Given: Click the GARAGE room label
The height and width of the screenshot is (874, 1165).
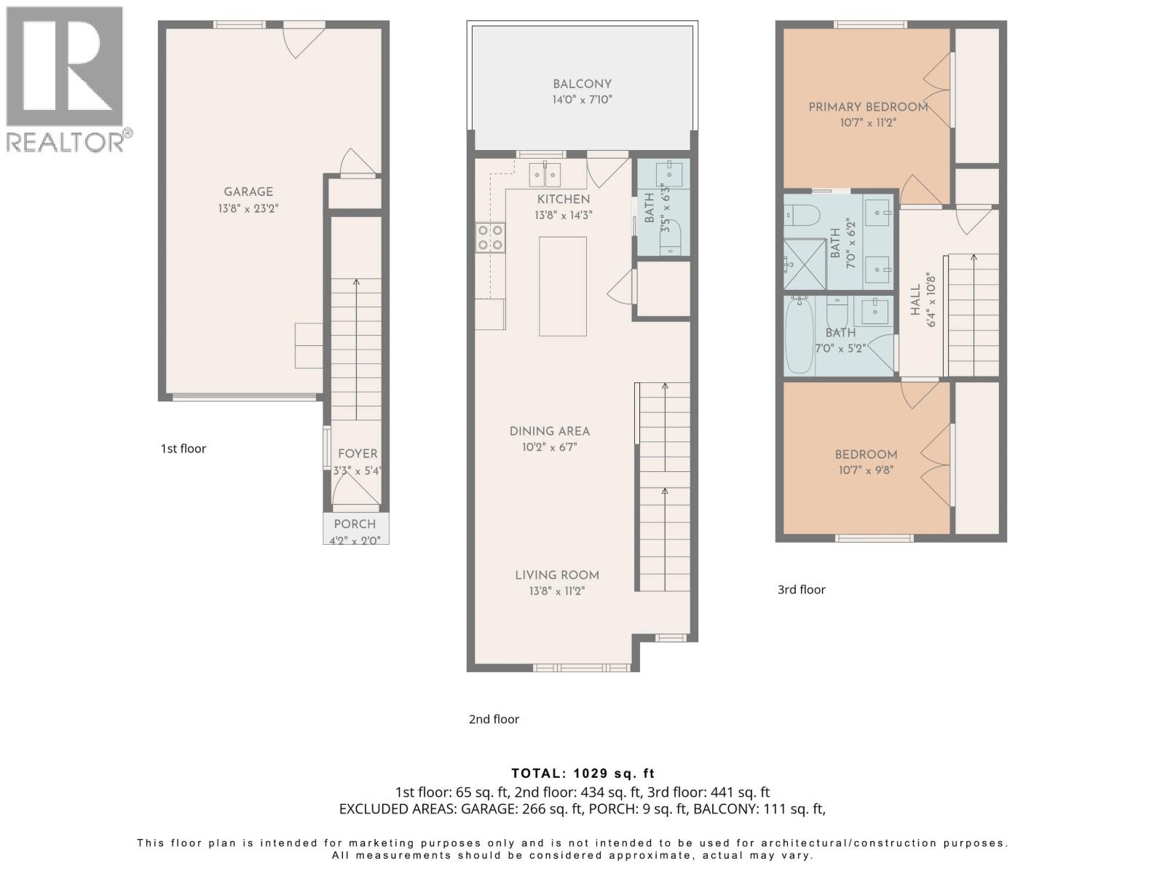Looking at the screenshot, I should [248, 192].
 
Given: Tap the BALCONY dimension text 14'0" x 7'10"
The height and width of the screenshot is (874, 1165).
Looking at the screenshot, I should [582, 100].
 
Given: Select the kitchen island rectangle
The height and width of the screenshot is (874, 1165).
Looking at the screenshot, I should [563, 286].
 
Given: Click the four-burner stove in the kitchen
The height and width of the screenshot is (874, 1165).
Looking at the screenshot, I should [491, 237].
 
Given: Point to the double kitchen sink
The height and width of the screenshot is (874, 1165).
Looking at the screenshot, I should [545, 175].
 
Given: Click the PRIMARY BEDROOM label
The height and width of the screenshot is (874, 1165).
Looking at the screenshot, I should [868, 107].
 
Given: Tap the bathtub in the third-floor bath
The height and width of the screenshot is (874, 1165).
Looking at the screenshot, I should [799, 335].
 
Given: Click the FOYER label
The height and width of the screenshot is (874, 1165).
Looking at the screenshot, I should [358, 453].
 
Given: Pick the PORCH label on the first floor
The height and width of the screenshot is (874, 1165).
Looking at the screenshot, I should [355, 524].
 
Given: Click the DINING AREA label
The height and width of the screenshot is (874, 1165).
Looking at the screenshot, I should [550, 431].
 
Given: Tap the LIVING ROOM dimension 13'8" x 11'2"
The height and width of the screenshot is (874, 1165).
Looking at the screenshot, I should [557, 591].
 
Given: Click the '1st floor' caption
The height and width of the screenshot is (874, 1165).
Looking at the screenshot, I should [183, 449].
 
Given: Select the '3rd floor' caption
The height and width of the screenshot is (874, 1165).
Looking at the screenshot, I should [801, 589].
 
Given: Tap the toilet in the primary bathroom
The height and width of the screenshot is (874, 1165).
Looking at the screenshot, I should [802, 215].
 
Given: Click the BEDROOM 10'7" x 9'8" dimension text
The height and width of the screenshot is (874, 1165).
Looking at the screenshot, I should [866, 471].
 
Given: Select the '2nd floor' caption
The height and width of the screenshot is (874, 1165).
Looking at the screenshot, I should [494, 719].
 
